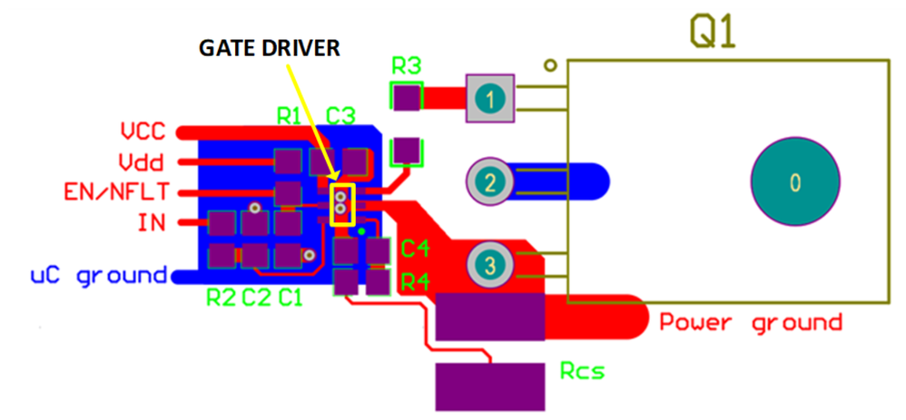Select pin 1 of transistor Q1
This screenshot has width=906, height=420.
[490, 97]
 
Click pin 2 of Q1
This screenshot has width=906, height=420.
[490, 182]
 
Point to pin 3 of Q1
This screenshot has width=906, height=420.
[490, 265]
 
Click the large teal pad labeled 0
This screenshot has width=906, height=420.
[794, 182]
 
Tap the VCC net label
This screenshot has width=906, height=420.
[143, 132]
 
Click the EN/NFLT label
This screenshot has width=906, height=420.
[114, 192]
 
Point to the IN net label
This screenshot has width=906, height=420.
[151, 222]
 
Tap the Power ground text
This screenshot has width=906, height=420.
[751, 322]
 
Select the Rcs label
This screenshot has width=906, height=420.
[582, 371]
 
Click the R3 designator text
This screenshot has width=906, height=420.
[406, 65]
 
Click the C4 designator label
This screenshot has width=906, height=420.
[415, 248]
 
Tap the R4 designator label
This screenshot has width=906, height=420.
[415, 281]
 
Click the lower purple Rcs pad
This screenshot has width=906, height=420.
[491, 386]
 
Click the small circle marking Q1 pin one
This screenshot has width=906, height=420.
[549, 65]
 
